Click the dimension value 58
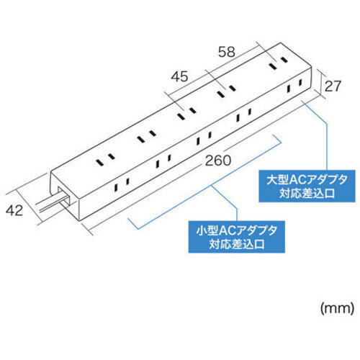(x=227, y=52)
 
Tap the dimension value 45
(x=179, y=76)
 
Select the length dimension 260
(x=218, y=161)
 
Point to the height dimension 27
(x=333, y=86)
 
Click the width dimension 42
(x=14, y=210)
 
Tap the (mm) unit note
(x=337, y=308)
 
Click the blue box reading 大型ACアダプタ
(x=307, y=186)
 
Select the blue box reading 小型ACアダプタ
(x=237, y=237)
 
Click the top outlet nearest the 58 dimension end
(x=278, y=62)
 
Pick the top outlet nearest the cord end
(x=105, y=160)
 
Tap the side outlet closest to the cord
(x=122, y=185)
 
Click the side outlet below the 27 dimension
(x=294, y=86)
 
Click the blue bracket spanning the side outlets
(x=204, y=182)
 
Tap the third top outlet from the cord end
(x=186, y=114)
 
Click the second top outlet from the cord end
(x=146, y=136)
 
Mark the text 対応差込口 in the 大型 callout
(x=307, y=193)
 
